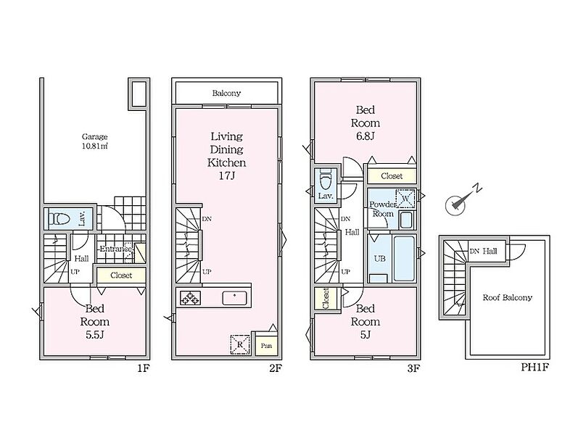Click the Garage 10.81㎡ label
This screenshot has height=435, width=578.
tap(95, 141)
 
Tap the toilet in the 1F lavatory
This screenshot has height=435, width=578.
tap(59, 219)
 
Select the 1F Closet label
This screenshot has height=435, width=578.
tap(121, 275)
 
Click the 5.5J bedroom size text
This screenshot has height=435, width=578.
tap(95, 335)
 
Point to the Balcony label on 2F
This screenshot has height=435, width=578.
tap(226, 93)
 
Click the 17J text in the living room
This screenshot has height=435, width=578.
tap(227, 176)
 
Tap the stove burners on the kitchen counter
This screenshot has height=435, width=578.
tap(190, 298)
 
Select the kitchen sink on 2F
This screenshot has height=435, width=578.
tap(234, 298)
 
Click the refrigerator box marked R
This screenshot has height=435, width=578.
tap(240, 345)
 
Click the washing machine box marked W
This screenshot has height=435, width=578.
tap(405, 199)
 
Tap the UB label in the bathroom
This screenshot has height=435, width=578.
tap(380, 258)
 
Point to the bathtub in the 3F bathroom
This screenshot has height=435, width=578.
tap(405, 258)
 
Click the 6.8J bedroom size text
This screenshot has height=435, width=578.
tap(366, 136)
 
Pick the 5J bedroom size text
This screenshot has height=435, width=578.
tap(366, 335)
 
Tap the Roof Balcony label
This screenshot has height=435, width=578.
tap(508, 297)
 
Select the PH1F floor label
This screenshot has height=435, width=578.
tap(535, 368)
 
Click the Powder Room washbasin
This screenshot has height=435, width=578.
tap(406, 220)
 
